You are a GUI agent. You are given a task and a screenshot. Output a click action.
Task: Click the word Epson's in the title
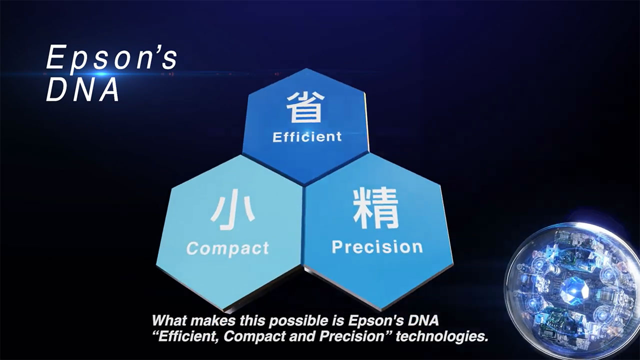111,57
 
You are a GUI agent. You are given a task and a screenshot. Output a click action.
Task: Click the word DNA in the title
83,90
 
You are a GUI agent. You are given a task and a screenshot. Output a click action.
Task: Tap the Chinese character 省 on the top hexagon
305,107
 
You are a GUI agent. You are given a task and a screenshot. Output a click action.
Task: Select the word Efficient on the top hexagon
307,137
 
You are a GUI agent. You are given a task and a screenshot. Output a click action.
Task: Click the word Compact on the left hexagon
227,248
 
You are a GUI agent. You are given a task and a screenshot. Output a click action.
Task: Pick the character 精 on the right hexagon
375,208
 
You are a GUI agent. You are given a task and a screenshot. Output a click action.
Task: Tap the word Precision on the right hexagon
377,247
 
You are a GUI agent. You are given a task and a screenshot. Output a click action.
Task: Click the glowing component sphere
573,290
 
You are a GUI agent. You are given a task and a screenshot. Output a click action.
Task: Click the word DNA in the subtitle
423,320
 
